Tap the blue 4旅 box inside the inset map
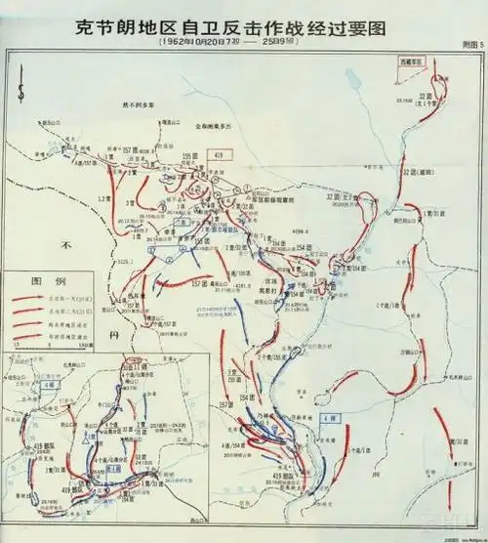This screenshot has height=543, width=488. tap(115, 468)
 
